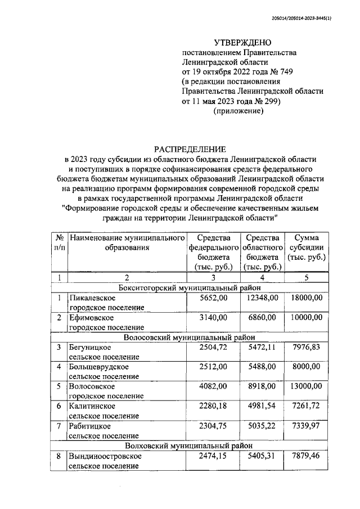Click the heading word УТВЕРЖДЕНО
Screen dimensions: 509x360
click(x=242, y=42)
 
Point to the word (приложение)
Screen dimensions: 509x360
click(x=238, y=112)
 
